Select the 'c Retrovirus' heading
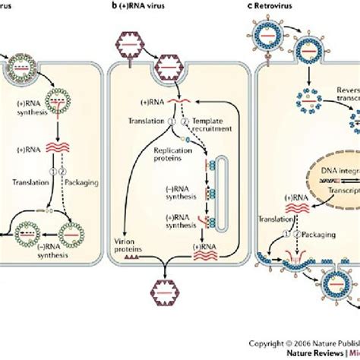283,9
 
